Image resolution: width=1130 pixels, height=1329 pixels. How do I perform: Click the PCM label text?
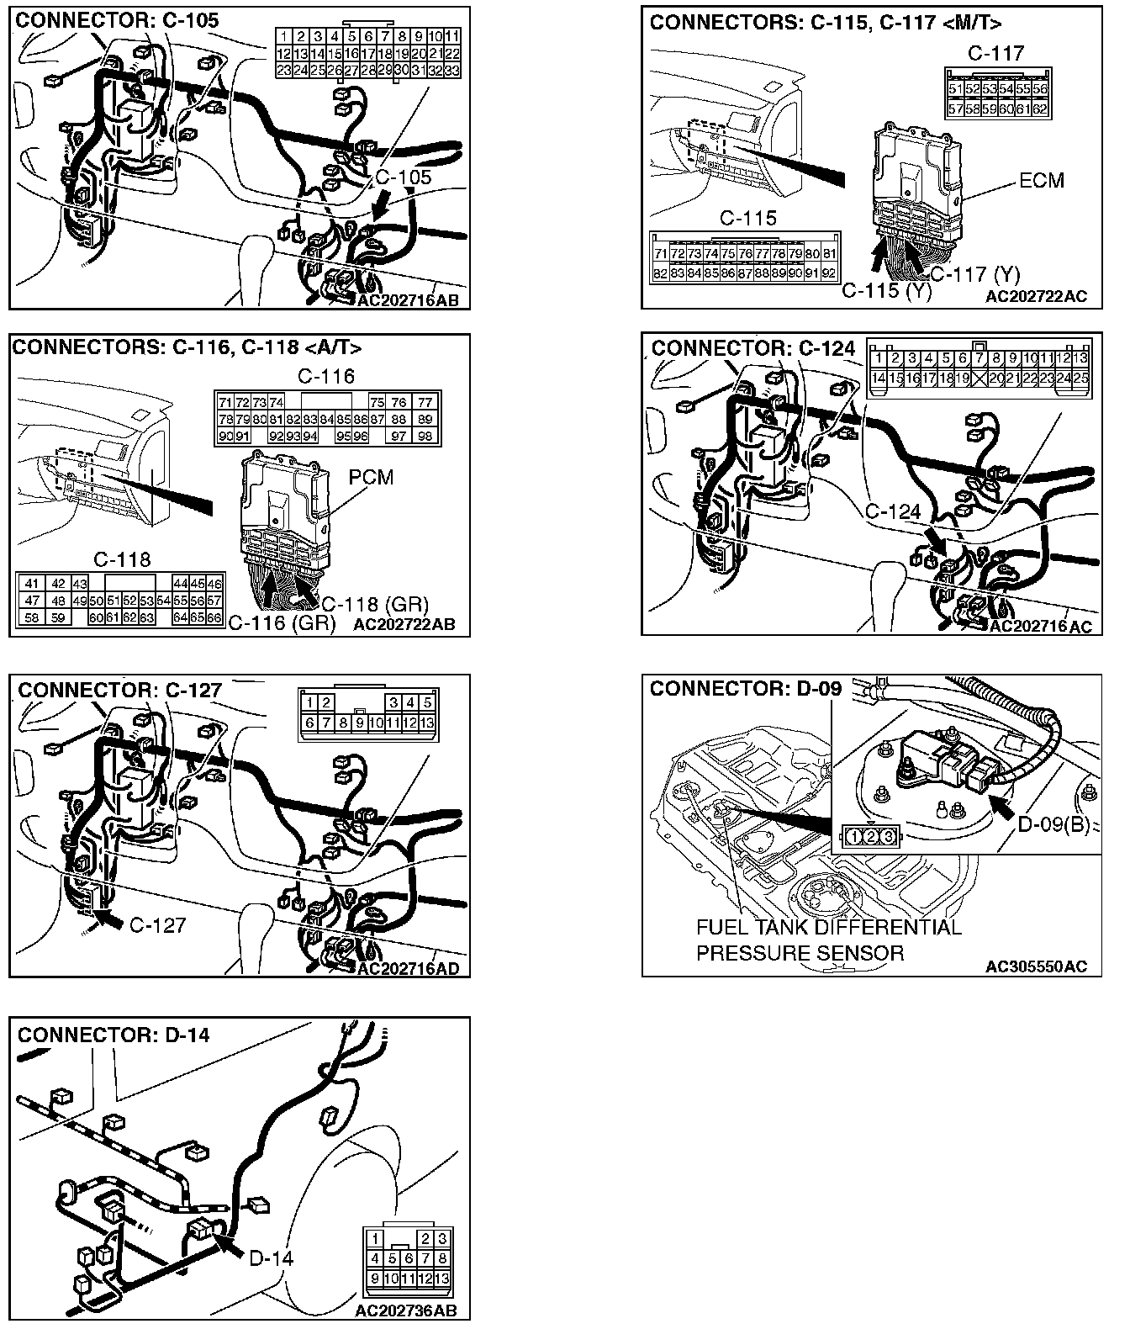(371, 477)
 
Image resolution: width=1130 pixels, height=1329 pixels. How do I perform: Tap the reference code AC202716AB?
(408, 300)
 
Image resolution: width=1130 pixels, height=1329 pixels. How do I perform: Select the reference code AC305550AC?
(1043, 966)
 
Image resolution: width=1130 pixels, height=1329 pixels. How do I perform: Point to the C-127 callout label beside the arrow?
(157, 925)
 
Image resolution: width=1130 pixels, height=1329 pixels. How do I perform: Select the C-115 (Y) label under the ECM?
(886, 291)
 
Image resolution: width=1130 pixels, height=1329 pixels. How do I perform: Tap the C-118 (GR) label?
(375, 604)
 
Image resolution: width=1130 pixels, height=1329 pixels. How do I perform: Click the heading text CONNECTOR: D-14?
(114, 1035)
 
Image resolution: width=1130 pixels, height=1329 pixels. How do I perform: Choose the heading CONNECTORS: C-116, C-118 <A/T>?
(187, 347)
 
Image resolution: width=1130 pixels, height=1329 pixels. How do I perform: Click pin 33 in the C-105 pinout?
(451, 71)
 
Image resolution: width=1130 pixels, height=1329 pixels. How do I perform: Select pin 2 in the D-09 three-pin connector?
(870, 836)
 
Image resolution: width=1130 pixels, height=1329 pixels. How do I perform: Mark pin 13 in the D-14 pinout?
(442, 1279)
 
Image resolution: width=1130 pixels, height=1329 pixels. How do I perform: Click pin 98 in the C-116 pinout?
(425, 436)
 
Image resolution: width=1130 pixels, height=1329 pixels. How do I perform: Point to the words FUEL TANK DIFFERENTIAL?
(828, 928)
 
